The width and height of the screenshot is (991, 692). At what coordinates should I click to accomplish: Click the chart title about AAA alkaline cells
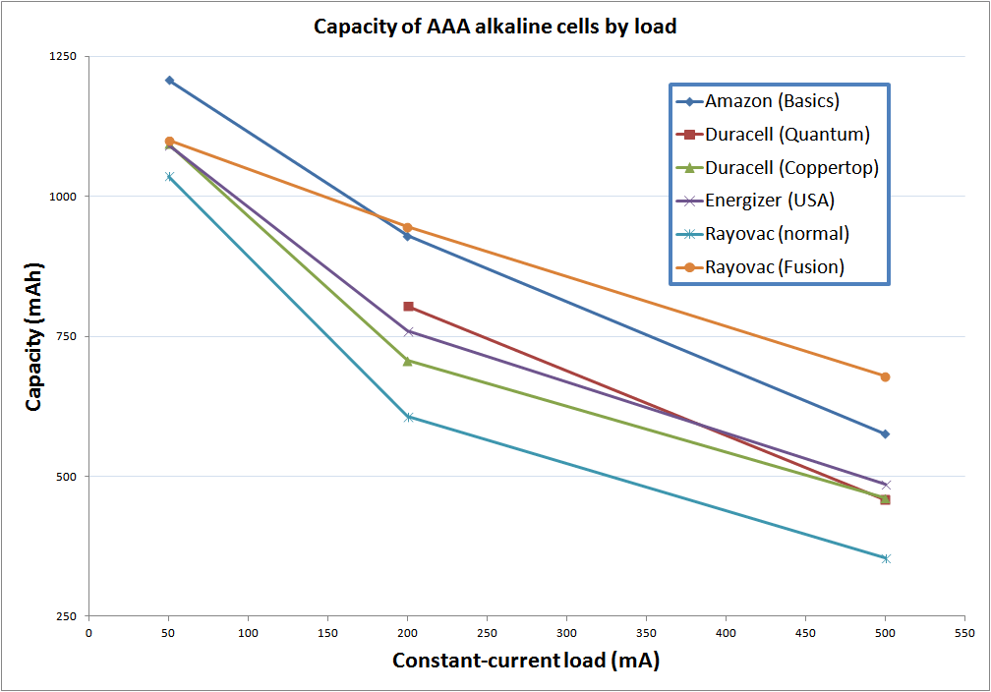click(495, 27)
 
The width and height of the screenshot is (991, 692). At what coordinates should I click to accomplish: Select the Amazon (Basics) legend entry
click(772, 101)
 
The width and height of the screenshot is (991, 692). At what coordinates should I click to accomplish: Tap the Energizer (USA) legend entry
click(769, 201)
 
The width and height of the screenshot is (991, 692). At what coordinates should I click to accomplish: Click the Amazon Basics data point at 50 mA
click(169, 81)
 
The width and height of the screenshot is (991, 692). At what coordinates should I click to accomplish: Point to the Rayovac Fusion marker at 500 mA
click(885, 376)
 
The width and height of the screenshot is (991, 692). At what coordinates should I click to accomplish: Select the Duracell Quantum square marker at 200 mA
click(408, 307)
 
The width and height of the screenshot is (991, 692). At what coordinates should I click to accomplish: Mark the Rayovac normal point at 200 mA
click(408, 417)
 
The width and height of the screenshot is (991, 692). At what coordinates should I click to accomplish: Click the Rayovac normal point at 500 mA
click(885, 558)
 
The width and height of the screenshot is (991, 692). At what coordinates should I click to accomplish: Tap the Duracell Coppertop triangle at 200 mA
click(408, 361)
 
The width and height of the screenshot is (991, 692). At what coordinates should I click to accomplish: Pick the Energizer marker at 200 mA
click(408, 331)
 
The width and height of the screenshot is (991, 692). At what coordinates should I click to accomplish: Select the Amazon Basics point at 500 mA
click(885, 433)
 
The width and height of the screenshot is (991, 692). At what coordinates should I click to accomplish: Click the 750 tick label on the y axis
click(67, 336)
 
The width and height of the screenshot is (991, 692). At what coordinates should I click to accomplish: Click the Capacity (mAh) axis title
click(34, 336)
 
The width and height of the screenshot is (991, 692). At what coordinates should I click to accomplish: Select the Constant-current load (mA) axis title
click(526, 661)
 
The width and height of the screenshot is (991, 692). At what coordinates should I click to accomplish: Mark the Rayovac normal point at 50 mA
click(169, 177)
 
